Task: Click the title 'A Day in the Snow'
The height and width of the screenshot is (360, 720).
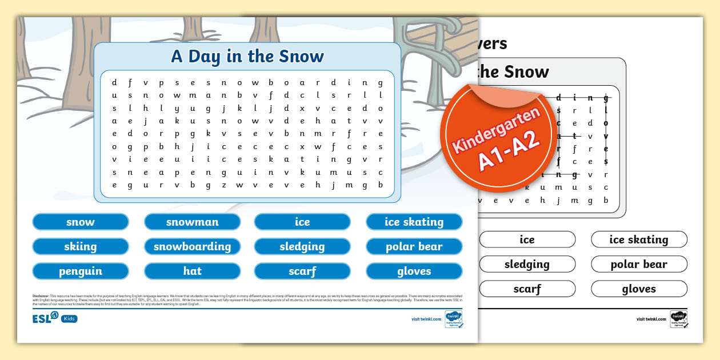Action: [x=247, y=57]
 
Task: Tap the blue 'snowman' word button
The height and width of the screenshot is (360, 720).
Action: [x=192, y=222]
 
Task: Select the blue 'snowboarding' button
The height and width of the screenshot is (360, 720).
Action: [x=192, y=246]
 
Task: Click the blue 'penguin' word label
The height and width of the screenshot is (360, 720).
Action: [x=81, y=271]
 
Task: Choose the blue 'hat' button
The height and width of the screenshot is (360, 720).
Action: [x=192, y=271]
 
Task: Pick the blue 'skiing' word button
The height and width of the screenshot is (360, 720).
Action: [x=81, y=246]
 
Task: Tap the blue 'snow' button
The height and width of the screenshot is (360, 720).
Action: [x=81, y=222]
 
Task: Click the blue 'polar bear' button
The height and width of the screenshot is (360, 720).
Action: [x=414, y=246]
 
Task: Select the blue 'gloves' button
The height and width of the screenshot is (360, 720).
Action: [x=414, y=271]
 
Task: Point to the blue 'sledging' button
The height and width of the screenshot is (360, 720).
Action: [x=302, y=246]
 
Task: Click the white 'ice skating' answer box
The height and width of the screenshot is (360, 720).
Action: [x=639, y=239]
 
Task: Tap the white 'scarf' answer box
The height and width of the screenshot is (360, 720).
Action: [x=527, y=289]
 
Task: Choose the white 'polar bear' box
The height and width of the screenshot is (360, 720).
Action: [x=639, y=264]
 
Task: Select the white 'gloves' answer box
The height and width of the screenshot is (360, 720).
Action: [x=639, y=289]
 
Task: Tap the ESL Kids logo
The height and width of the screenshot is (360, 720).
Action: [x=55, y=317]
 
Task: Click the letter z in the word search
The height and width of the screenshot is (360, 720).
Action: [x=224, y=185]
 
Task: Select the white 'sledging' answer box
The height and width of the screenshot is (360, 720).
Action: [x=527, y=264]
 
